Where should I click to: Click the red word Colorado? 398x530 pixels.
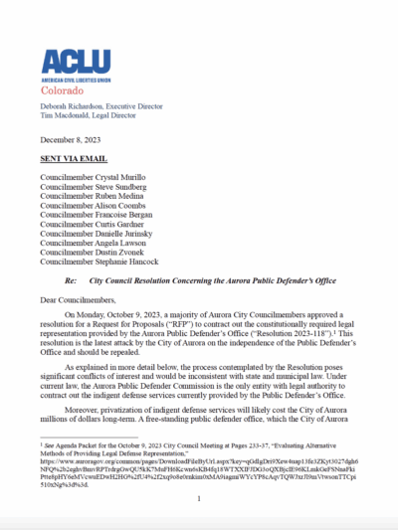65,87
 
